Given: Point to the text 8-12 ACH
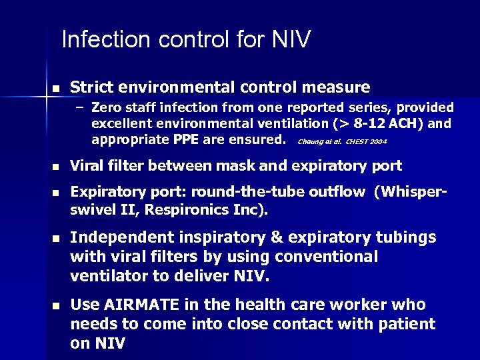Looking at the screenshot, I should click(401, 123).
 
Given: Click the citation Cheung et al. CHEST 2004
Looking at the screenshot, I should click(341, 141).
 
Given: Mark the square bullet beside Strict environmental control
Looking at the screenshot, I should click(55, 88).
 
